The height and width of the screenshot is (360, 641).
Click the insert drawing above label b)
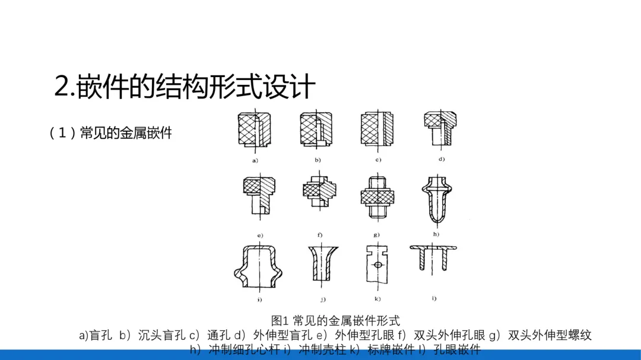[x=317, y=129]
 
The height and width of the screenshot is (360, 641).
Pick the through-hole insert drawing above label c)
[x=377, y=129]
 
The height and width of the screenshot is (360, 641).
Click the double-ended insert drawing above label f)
[x=319, y=193]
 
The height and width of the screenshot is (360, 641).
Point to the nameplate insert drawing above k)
[x=377, y=264]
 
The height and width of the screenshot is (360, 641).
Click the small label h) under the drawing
[x=436, y=234]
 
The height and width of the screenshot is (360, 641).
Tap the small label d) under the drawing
[x=442, y=159]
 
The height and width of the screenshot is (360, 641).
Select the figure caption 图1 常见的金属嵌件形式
[x=335, y=321]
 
